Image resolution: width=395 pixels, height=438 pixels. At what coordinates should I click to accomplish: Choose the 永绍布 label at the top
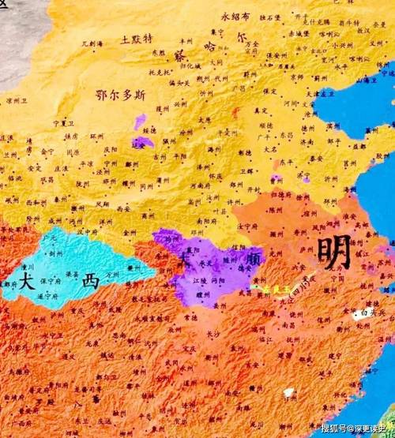point(235,16)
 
